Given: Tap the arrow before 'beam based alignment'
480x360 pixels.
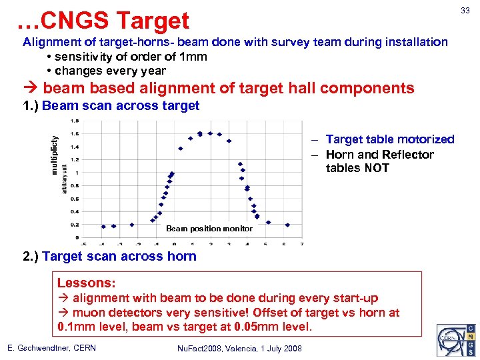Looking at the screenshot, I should tap(31, 89).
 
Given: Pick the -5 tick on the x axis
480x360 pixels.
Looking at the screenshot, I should tap(83, 243).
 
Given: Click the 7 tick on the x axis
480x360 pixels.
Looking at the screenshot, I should tap(302, 243).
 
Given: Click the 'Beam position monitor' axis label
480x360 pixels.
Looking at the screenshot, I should tap(209, 229).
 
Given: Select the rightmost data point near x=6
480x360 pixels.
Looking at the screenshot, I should tap(287, 225).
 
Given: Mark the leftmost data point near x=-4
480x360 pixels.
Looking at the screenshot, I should tap(103, 226).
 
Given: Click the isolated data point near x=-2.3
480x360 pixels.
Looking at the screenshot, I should tap(132, 225).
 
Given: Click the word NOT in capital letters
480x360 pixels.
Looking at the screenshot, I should tap(377, 168).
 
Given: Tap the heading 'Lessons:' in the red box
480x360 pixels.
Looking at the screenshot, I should tap(87, 283).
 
